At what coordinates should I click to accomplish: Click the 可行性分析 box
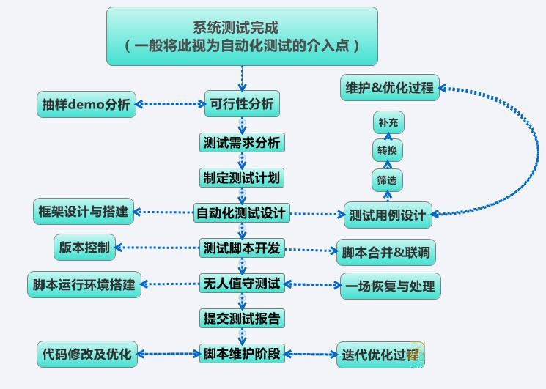[242, 104]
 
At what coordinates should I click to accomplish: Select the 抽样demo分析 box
[86, 104]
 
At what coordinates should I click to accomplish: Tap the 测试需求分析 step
[242, 142]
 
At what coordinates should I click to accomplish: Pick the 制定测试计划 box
[242, 178]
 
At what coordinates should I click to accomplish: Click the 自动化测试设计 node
[242, 212]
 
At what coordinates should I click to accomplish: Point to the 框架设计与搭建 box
[84, 212]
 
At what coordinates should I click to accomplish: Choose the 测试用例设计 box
[388, 215]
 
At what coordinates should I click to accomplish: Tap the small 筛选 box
[387, 180]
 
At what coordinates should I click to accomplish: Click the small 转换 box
[388, 150]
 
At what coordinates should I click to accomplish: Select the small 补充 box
[388, 122]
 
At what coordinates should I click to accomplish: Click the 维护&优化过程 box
[390, 88]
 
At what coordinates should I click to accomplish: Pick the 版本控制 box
[84, 248]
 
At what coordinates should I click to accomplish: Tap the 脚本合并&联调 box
[386, 252]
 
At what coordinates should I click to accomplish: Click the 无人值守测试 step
[242, 284]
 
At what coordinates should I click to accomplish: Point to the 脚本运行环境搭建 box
[84, 285]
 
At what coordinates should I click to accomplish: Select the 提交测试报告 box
[242, 319]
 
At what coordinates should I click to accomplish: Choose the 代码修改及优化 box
[87, 355]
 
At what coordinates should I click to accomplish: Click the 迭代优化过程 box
[380, 355]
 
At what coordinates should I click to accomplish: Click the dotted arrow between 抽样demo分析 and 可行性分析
[170, 104]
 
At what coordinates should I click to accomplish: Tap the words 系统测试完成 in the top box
[236, 28]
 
